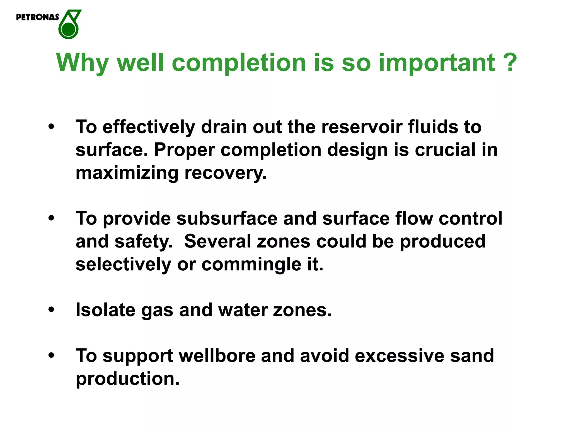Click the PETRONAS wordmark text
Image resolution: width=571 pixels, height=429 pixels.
[x=37, y=17]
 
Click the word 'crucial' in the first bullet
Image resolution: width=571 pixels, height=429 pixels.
[x=445, y=150]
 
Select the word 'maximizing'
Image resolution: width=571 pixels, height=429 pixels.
[x=127, y=173]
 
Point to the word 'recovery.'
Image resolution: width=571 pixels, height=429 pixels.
[x=226, y=173]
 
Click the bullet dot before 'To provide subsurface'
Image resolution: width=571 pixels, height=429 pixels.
[x=51, y=218]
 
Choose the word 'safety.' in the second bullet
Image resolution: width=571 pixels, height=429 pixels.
[x=144, y=241]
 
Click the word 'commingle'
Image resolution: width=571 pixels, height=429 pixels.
[x=251, y=264]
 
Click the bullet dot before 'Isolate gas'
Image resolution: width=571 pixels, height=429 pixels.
[x=51, y=310]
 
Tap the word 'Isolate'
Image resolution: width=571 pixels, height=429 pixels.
[x=105, y=310]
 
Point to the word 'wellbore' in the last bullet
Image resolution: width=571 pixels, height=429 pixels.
[x=217, y=356]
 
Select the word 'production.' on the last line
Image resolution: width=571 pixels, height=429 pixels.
[x=127, y=379]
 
